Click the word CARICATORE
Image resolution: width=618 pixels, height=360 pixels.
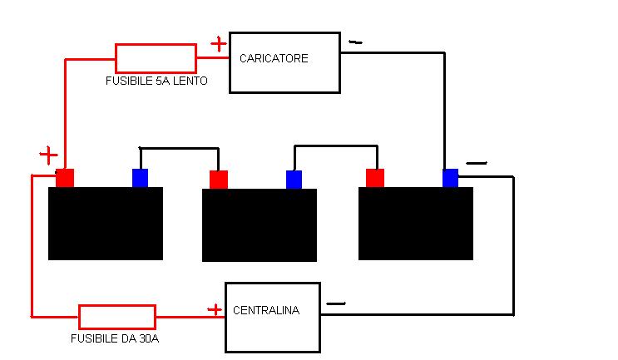point(274,58)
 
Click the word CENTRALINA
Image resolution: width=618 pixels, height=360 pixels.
point(266,310)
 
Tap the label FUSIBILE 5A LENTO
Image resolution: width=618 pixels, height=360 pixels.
point(156,81)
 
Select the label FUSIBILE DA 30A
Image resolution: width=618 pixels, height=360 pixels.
point(115,338)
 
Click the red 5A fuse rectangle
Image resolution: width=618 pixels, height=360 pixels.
point(156,58)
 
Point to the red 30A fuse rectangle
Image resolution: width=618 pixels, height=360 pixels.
point(117,317)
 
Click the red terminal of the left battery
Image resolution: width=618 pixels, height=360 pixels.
point(65,178)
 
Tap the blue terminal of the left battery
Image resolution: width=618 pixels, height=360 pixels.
point(140,178)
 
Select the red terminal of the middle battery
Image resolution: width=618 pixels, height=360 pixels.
point(219,180)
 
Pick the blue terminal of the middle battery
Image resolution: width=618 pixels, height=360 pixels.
point(294,180)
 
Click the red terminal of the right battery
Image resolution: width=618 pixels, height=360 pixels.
point(375,178)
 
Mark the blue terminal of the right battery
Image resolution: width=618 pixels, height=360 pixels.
point(450,178)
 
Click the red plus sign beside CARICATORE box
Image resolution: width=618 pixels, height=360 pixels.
point(219,44)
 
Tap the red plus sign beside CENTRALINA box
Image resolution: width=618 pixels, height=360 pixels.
point(215,310)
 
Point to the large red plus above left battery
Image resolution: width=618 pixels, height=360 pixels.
point(48,155)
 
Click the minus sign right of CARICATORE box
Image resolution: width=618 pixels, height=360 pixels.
point(355,42)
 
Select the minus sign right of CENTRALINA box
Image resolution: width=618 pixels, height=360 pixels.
point(336,303)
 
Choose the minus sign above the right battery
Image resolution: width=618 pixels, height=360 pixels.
point(477,163)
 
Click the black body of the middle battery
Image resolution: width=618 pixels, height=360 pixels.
point(260,225)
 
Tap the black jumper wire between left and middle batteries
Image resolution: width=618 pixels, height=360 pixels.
point(180,148)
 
